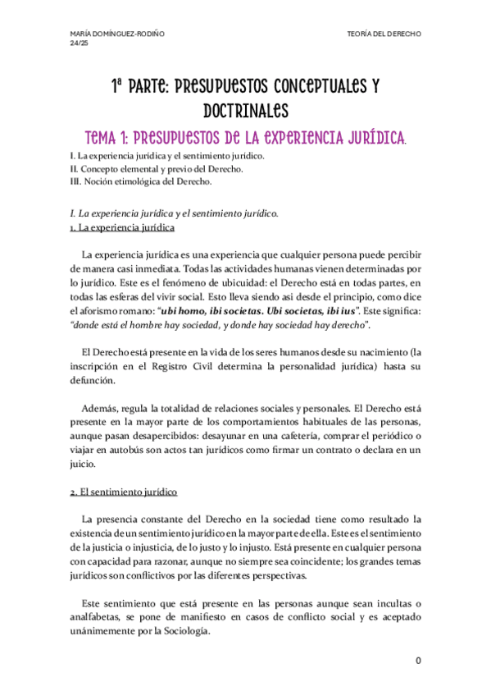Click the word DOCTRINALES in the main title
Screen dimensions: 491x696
coord(245,109)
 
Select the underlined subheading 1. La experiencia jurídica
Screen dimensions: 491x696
coord(122,227)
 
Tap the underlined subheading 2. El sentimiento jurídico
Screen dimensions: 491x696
coord(122,492)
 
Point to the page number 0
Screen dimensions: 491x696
coord(417,661)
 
